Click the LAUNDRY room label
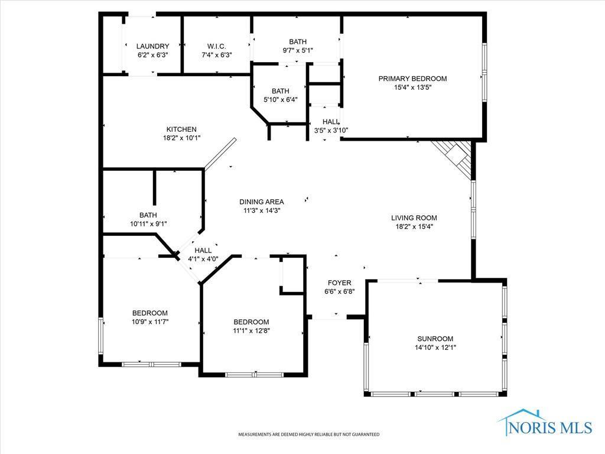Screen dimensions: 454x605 152,46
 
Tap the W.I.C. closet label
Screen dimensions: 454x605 216,46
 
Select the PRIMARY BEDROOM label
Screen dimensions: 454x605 412,78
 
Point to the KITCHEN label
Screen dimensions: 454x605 181,129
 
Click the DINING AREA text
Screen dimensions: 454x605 261,202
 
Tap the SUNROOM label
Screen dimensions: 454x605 435,339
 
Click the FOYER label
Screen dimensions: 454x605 339,283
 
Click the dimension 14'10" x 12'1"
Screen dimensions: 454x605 435,348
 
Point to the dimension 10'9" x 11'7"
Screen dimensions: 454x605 149,322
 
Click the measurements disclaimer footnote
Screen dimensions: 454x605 308,434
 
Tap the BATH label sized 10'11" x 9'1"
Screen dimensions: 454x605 148,215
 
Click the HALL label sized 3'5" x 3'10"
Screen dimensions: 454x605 331,121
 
